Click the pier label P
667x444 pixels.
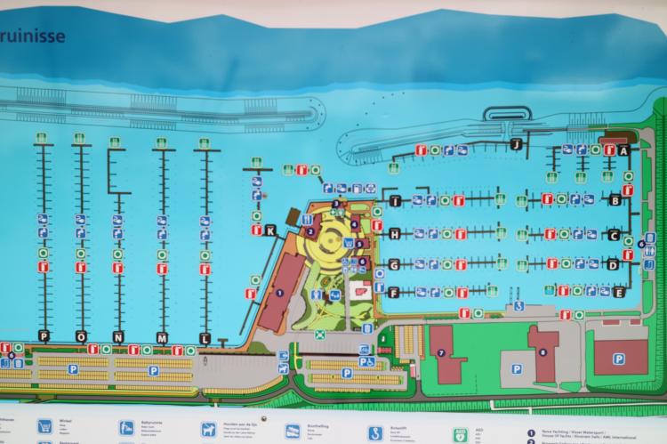pos(42,335)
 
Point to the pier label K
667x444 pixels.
pos(271,231)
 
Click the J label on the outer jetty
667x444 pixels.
pos(515,144)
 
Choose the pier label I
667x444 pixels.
pos(394,201)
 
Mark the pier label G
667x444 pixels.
pos(393,265)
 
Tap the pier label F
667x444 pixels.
pos(393,292)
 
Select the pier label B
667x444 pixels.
pos(615,201)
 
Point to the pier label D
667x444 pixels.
pos(613,264)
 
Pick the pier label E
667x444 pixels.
pos(618,292)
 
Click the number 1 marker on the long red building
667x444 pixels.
pos(280,293)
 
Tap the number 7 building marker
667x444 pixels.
pos(440,353)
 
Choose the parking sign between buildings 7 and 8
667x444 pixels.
pos(517,368)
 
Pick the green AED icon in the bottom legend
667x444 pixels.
pos(460,435)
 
